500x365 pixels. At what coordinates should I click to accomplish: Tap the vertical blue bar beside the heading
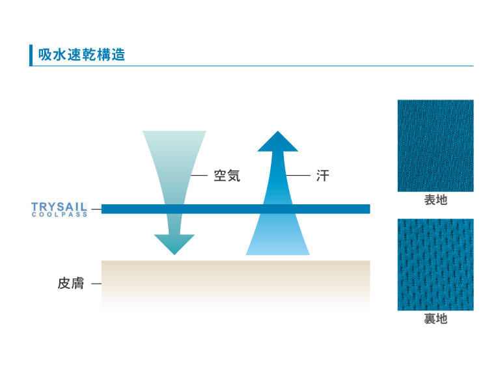[x=31, y=55]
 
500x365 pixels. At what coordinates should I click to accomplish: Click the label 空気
[x=227, y=176]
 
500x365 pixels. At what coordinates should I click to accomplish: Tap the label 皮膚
[x=71, y=284]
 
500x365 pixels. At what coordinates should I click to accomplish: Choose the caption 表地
[x=436, y=200]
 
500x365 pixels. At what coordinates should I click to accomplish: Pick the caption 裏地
[x=436, y=319]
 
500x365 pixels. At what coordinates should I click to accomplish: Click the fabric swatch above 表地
[x=436, y=146]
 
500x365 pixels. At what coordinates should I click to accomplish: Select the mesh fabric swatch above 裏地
[x=436, y=264]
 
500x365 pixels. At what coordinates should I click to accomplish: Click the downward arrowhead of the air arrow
[x=174, y=244]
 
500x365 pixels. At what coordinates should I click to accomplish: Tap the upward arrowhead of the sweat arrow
[x=278, y=142]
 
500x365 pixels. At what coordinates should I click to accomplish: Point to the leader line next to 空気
[x=199, y=176]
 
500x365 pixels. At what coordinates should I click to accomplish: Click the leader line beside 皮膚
[x=96, y=284]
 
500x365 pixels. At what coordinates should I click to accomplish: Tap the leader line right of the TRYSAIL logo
[x=96, y=209]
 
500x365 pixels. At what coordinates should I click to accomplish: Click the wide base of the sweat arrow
[x=278, y=244]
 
